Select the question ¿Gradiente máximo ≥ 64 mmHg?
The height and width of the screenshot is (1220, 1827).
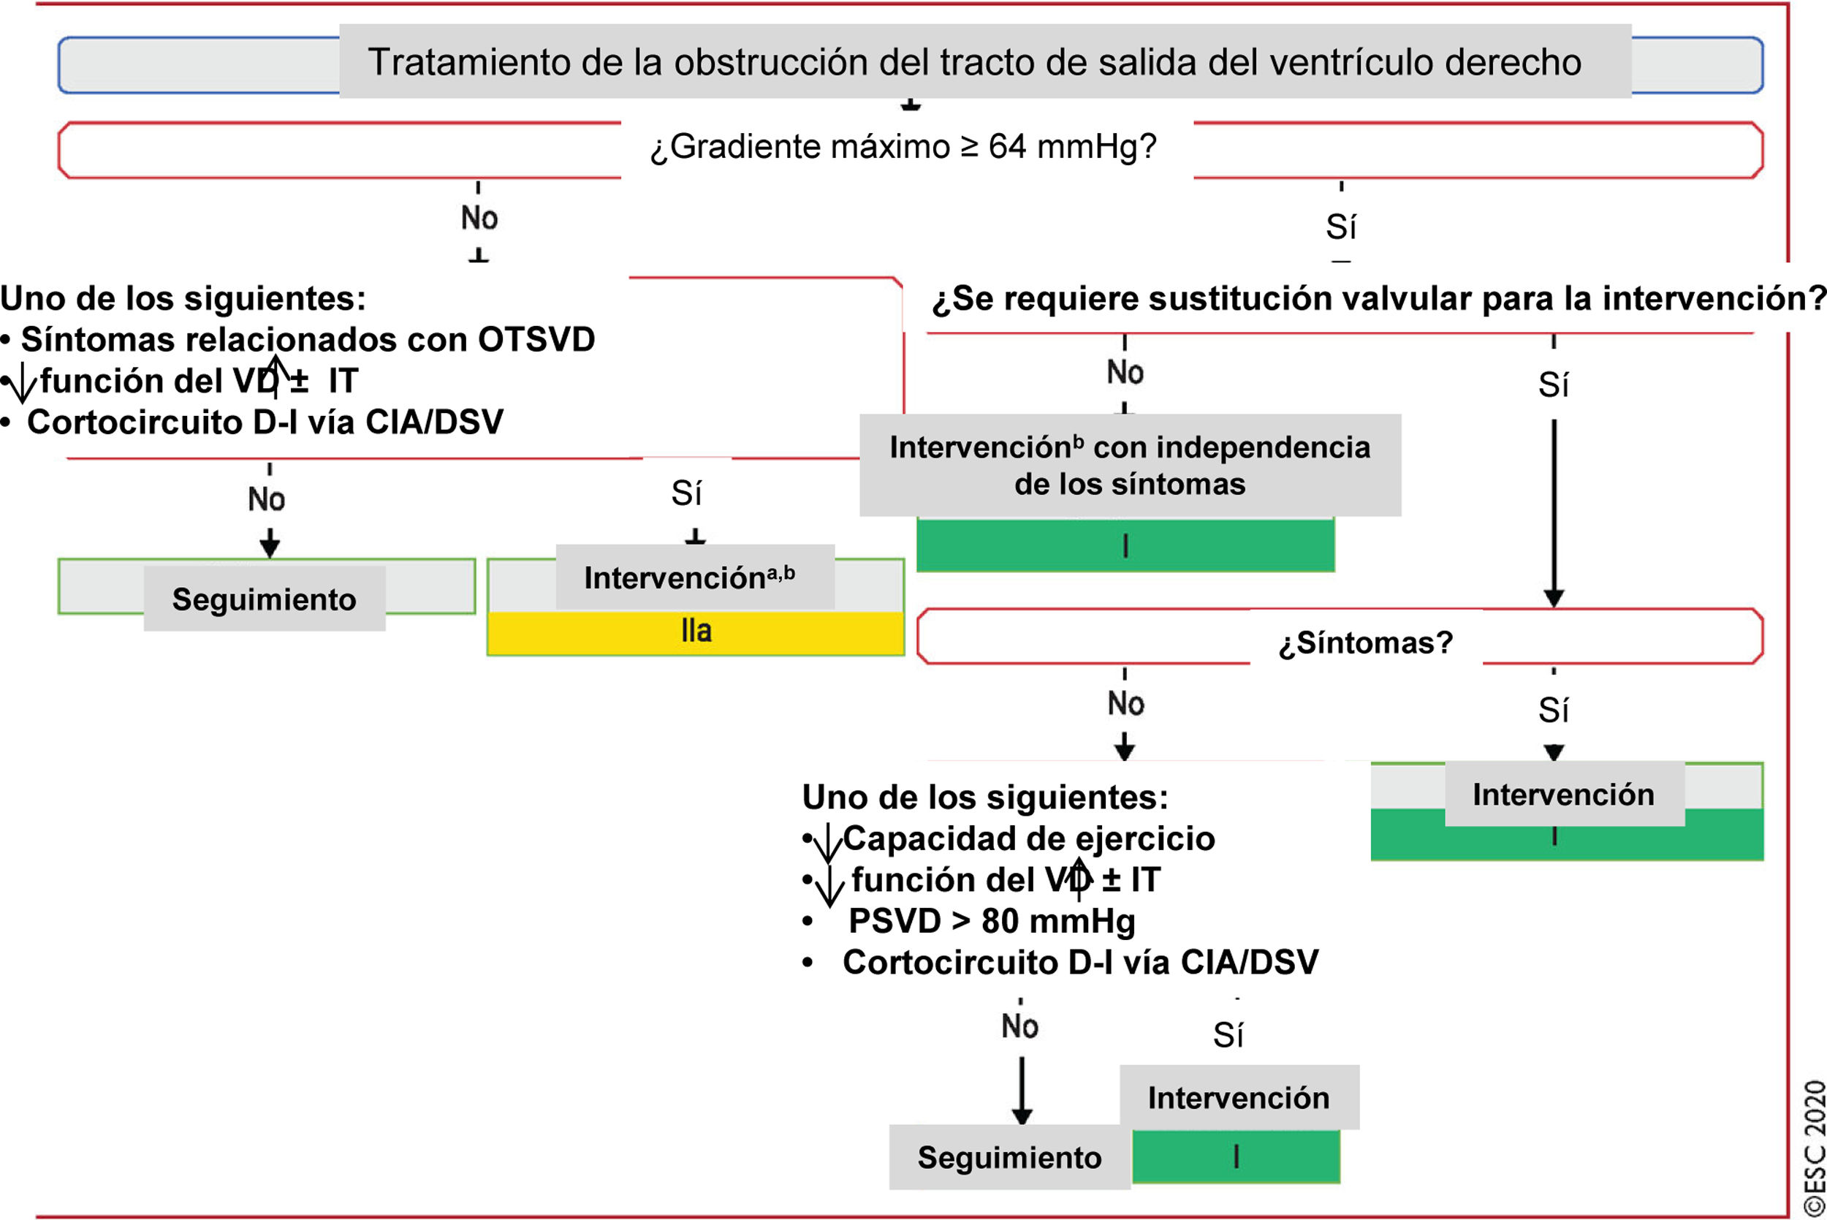point(904,147)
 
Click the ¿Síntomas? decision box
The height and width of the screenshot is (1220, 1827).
point(1365,643)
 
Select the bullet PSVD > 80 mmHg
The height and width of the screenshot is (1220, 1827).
point(991,921)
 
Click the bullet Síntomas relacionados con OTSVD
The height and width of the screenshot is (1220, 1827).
point(307,340)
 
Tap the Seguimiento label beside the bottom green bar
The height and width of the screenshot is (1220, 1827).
point(1009,1158)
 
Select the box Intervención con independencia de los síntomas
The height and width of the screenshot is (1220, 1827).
point(1129,466)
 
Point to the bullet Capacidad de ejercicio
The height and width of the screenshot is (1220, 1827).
point(1028,838)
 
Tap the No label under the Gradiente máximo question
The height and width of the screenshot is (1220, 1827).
point(479,219)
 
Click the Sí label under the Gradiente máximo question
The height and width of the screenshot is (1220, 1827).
point(1341,227)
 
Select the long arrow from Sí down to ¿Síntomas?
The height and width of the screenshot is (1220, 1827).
point(1553,514)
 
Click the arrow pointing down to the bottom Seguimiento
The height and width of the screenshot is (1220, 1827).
point(1021,1089)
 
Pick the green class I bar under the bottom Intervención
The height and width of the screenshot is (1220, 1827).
point(1235,1157)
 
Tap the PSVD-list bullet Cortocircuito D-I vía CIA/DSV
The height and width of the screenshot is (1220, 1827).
point(1079,963)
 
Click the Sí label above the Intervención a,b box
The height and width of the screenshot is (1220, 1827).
point(687,493)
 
